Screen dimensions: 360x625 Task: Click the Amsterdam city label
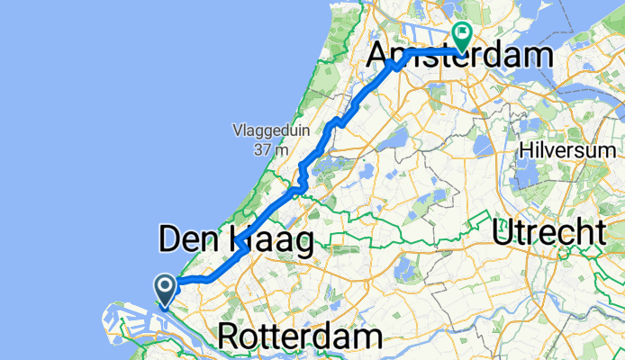(x=459, y=56)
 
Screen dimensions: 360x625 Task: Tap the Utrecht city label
(x=549, y=232)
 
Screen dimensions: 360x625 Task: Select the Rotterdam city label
(x=300, y=338)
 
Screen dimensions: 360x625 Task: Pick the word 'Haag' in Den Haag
(x=267, y=240)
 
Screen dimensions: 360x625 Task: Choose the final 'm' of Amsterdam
(x=538, y=56)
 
